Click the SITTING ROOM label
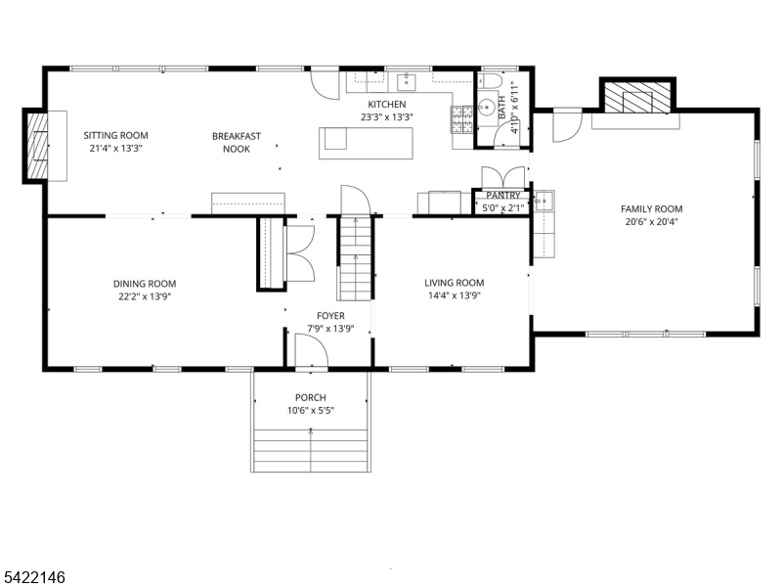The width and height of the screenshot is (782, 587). [115, 136]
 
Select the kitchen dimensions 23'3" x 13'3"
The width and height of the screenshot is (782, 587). [386, 118]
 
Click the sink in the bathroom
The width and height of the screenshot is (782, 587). [486, 109]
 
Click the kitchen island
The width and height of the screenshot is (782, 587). [367, 142]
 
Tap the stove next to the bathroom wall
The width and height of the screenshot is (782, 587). [461, 119]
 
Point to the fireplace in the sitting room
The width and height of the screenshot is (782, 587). [38, 146]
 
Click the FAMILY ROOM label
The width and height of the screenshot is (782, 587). [651, 208]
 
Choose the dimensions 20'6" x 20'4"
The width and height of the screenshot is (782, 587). [651, 221]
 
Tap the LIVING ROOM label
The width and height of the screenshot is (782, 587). [455, 283]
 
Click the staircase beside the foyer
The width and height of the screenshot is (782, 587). [356, 258]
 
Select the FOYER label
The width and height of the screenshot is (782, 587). [329, 315]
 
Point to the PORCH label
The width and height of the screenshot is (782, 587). [311, 397]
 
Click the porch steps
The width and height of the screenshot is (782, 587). [311, 446]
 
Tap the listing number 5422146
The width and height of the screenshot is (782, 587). [33, 578]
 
